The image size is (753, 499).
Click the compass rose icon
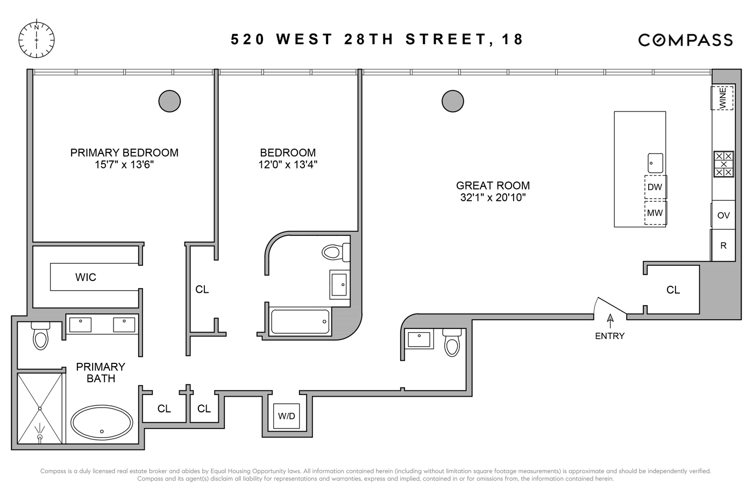[x=37, y=39]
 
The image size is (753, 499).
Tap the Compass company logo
[x=685, y=40]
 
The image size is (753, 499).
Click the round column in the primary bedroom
[x=169, y=101]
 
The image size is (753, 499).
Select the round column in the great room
[x=452, y=101]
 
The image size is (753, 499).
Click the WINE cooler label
[x=722, y=98]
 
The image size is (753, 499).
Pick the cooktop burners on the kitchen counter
[x=723, y=164]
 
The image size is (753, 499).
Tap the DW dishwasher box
[x=655, y=187]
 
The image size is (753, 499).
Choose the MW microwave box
[x=655, y=213]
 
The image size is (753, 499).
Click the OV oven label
[x=723, y=215]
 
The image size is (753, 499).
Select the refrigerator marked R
[x=723, y=245]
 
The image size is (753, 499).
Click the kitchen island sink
[x=655, y=163]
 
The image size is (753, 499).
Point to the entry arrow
[x=610, y=321]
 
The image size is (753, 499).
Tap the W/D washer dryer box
[x=287, y=416]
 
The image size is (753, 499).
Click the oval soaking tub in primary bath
[x=102, y=424]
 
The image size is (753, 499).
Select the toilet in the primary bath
[x=41, y=335]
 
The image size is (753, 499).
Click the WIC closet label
[x=86, y=277]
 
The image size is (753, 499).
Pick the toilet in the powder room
[x=452, y=343]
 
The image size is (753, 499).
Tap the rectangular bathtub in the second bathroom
[x=300, y=321]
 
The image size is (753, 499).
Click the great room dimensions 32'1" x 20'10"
[x=493, y=198]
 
